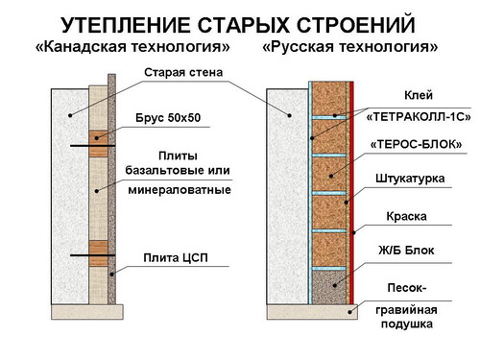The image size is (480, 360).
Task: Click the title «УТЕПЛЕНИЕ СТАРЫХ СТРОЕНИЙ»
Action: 238,25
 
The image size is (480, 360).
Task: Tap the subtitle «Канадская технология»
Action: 132,47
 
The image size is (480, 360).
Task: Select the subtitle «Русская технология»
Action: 349,47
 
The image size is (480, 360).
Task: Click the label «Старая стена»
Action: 183,73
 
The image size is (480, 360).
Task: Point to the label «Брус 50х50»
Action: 168,118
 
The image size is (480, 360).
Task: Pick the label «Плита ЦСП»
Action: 176,257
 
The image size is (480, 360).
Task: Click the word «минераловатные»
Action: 180,190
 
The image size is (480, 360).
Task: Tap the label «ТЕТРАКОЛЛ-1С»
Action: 419,117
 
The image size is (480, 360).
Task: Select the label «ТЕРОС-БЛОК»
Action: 417,145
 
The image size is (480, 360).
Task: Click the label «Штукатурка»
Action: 410,179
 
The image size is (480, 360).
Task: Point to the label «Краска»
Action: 406,217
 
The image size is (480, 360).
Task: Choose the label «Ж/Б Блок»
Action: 406,250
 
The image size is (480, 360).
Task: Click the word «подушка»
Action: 407,324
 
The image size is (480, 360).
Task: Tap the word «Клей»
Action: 419,95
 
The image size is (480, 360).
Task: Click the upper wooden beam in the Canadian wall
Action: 98,143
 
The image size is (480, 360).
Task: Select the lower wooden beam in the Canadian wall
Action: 98,253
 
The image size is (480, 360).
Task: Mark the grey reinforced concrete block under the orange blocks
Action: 329,287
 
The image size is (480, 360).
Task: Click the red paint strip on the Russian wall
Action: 351,193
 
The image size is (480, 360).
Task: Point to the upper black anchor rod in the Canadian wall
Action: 93,146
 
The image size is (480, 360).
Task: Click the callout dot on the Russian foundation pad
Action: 350,312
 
